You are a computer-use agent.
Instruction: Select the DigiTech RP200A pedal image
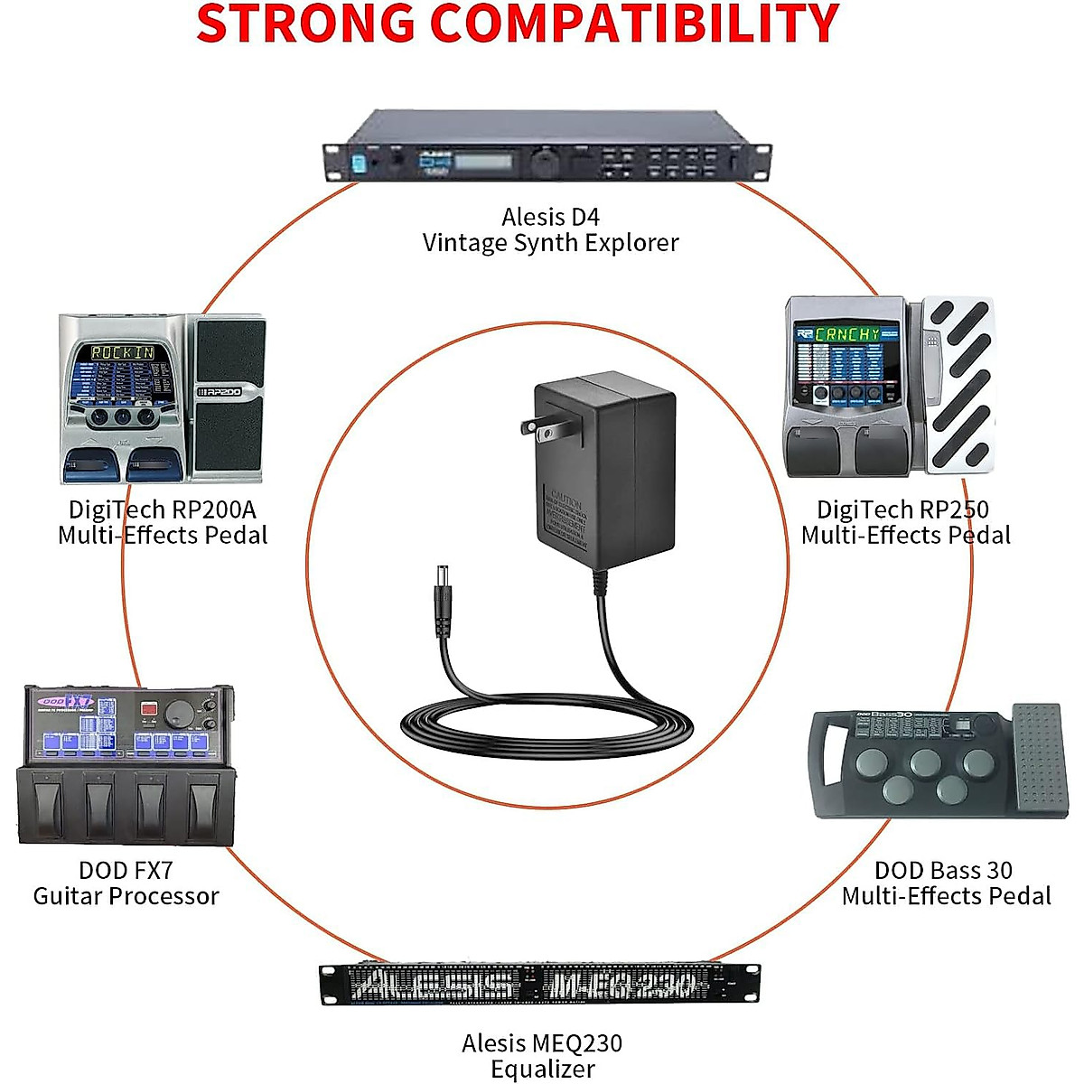tap(163, 397)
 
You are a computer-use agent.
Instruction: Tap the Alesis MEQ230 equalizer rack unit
tap(540, 984)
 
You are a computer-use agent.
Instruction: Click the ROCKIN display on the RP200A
tap(122, 352)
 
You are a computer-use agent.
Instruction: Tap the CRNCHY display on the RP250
tap(846, 334)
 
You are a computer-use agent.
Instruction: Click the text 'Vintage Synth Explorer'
tap(550, 243)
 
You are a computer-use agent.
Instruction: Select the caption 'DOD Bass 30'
tap(943, 871)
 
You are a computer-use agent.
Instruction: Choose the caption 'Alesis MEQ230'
tap(542, 1043)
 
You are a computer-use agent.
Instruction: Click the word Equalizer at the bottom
tap(542, 1070)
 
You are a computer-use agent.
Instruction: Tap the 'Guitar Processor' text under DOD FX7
tap(126, 896)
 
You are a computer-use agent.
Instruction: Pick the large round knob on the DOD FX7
tap(181, 713)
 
